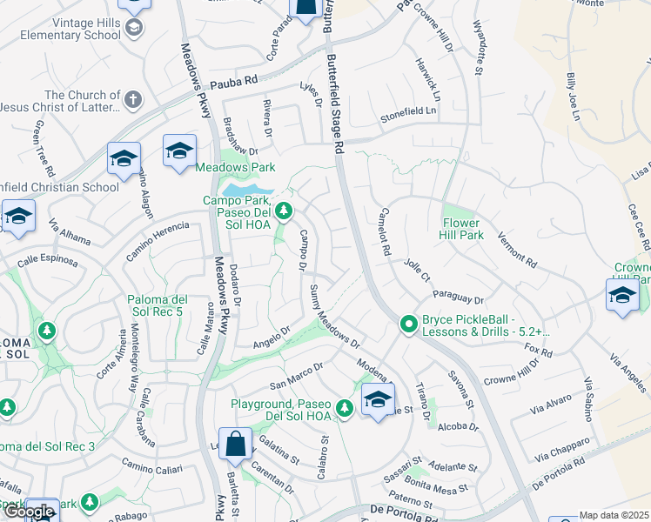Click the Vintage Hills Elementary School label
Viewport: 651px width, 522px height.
61,29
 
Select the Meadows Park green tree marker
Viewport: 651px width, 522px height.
231,156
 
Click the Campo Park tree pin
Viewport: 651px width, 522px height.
283,211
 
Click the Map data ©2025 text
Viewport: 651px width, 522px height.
614,515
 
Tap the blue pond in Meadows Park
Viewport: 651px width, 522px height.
247,188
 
